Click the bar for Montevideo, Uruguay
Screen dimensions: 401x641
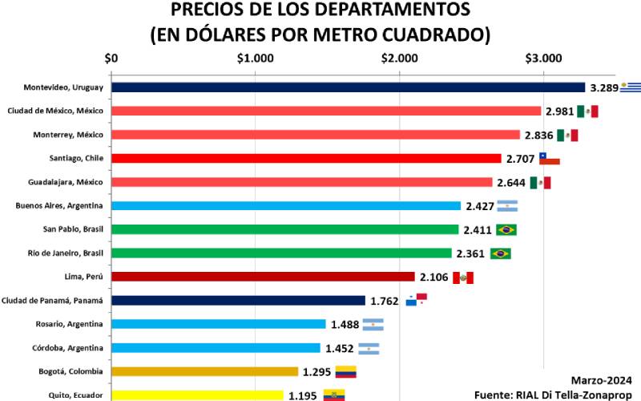point(349,87)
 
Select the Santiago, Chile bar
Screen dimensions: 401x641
point(306,158)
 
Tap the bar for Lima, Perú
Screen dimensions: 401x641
point(263,277)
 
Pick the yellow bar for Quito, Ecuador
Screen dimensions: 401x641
point(197,395)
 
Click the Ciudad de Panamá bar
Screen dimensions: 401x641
point(238,301)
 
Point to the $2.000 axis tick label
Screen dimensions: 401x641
point(399,59)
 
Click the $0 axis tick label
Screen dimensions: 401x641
point(111,59)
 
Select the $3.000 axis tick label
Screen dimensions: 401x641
point(543,59)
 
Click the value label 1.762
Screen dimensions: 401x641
point(385,302)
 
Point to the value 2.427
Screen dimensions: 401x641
point(480,206)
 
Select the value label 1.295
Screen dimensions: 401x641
point(317,372)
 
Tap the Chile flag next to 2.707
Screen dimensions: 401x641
point(549,158)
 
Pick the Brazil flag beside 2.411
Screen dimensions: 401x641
point(506,230)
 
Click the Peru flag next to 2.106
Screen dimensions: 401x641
point(463,277)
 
